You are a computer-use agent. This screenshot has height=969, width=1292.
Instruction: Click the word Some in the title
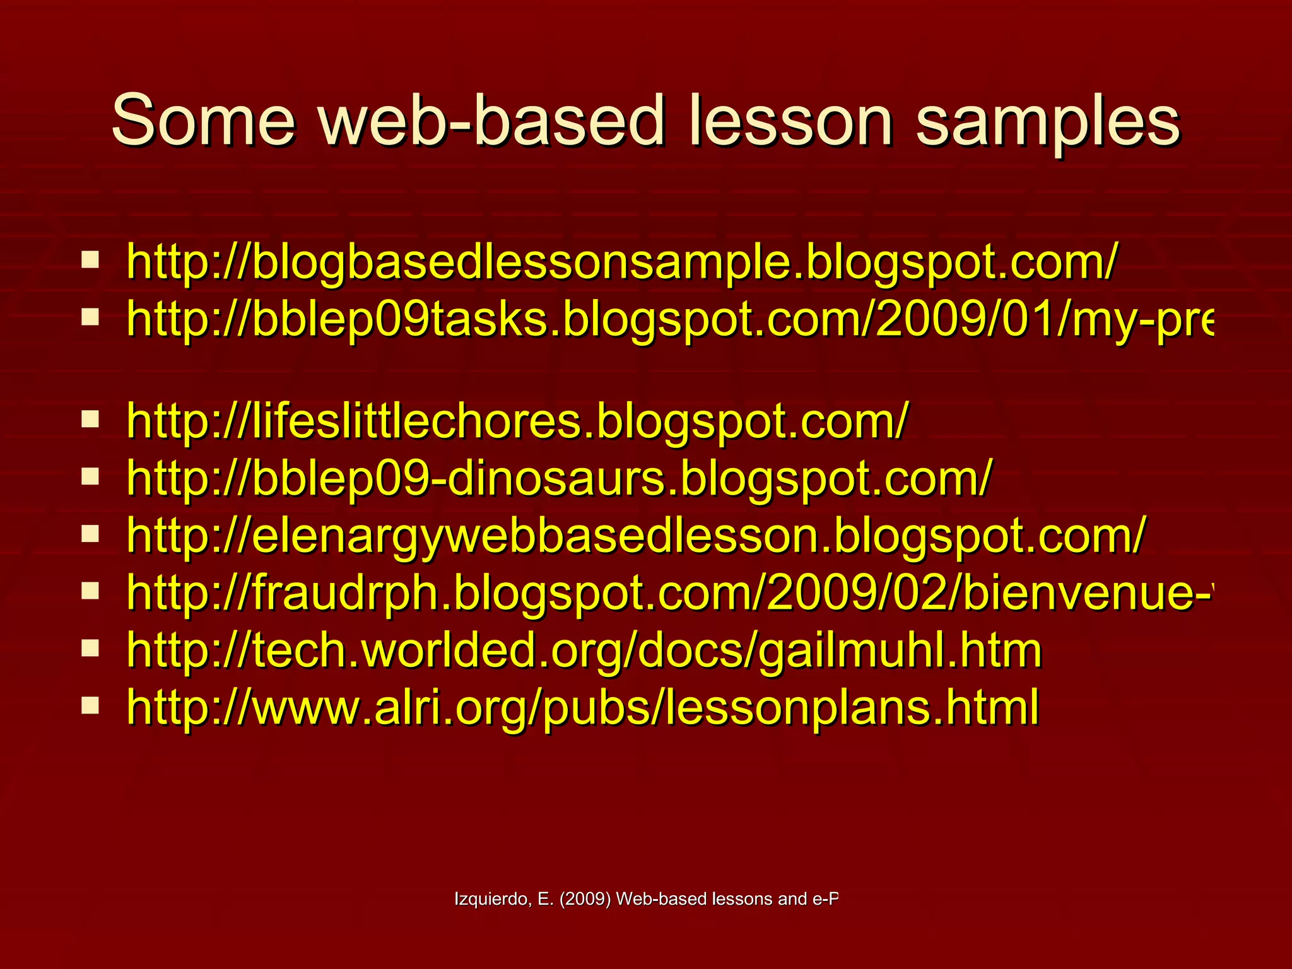203,120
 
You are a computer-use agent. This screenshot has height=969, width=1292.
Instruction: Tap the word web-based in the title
492,120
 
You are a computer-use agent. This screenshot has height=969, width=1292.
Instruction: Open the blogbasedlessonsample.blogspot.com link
621,262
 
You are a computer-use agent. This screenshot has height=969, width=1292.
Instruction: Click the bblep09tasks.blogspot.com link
669,319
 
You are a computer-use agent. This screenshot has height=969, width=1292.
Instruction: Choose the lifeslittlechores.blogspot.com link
517,421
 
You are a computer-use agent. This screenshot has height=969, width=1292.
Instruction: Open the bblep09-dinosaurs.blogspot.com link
559,478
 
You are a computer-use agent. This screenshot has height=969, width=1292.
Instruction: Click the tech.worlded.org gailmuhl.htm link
584,650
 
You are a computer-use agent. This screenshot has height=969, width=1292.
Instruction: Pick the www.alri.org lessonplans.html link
582,707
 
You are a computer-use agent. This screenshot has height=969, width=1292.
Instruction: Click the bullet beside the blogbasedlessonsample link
90,259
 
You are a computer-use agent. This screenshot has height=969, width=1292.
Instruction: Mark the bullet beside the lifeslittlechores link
90,418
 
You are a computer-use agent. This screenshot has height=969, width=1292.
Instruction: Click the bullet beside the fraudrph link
90,590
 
